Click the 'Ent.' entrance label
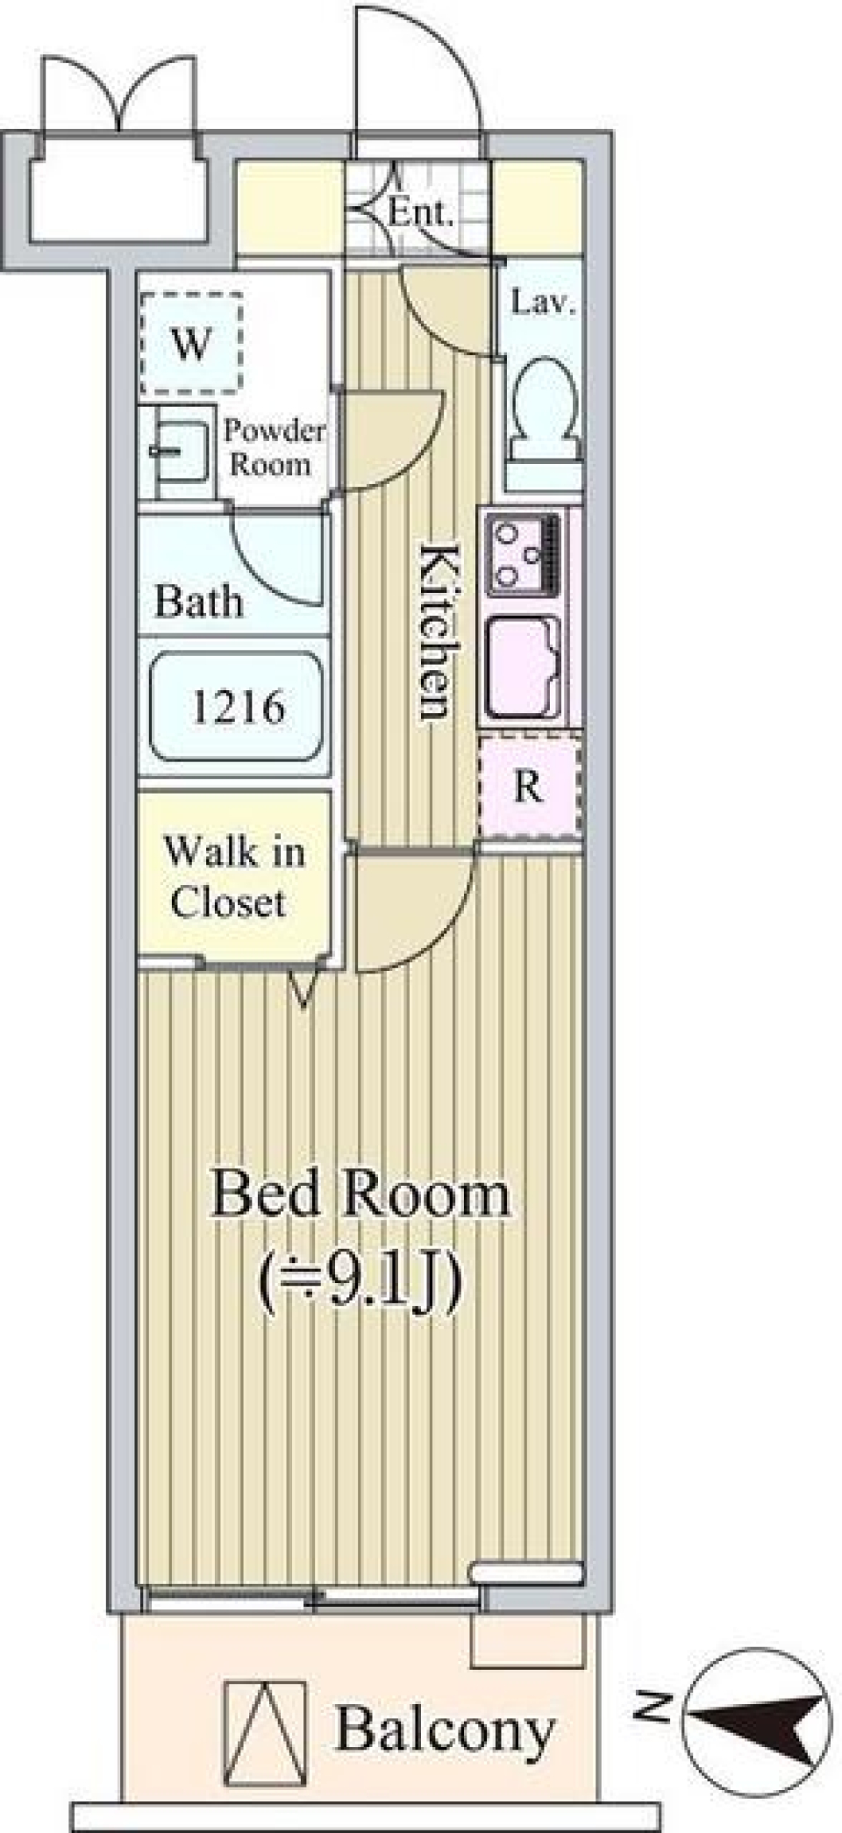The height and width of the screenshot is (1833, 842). [x=420, y=213]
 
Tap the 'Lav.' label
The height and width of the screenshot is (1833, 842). [x=543, y=303]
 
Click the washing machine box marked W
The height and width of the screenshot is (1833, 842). [x=191, y=344]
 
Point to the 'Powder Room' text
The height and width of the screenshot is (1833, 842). [x=272, y=447]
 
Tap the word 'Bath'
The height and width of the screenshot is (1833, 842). [x=198, y=603]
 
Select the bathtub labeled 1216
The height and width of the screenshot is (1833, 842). [x=237, y=707]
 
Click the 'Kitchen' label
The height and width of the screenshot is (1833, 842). [x=437, y=631]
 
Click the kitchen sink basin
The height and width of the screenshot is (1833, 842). [x=523, y=667]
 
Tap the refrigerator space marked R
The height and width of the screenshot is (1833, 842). [x=528, y=786]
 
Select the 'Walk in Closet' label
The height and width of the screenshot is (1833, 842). [x=233, y=877]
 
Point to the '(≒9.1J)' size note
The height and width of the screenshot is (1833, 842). [x=360, y=1282]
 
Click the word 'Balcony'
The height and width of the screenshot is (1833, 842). [x=445, y=1730]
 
